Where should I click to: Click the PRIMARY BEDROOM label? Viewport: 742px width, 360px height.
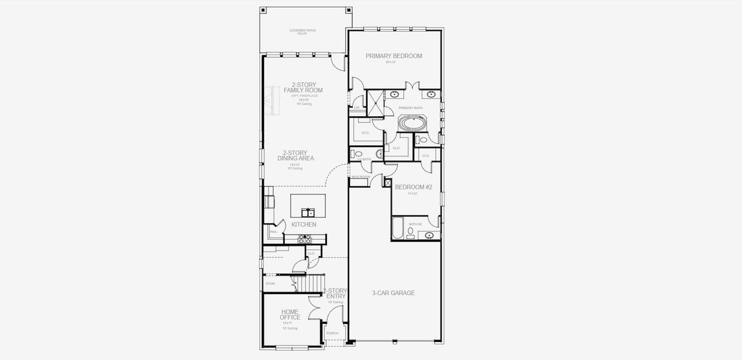coord(394,56)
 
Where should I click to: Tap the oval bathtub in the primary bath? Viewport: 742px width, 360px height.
coord(411,124)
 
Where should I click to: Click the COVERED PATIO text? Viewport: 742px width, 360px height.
coord(302,30)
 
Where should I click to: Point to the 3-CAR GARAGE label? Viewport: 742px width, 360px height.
coord(393,293)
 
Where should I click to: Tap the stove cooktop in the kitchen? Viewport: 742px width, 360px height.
coord(305,239)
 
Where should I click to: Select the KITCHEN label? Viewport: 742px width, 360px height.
coord(304,224)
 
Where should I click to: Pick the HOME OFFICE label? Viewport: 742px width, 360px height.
coord(290,314)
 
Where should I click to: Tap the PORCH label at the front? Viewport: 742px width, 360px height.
coord(332,333)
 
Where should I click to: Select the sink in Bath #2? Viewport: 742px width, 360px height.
coord(430,235)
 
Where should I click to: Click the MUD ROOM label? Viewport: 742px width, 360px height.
coord(360,177)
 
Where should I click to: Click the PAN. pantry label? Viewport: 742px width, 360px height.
coord(273,232)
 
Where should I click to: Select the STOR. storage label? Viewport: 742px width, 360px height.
coord(271,283)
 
